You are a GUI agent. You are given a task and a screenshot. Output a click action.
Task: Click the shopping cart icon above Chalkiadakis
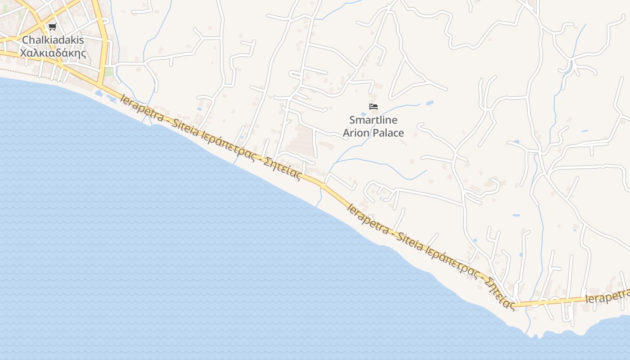point(53,27)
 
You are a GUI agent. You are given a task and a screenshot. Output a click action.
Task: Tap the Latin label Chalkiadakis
point(53,40)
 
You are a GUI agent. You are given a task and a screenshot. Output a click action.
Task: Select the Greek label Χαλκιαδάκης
point(53,53)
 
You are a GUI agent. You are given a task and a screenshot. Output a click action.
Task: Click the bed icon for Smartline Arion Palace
point(373,107)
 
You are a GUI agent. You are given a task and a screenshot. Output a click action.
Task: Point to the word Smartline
point(373,120)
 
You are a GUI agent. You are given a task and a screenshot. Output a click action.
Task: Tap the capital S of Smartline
point(352,120)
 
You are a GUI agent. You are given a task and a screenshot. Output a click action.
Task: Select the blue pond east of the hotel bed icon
point(429,103)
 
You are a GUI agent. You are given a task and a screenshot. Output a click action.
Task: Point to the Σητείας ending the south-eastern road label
point(499,293)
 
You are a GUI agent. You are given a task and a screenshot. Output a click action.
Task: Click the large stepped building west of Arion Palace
point(300,141)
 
